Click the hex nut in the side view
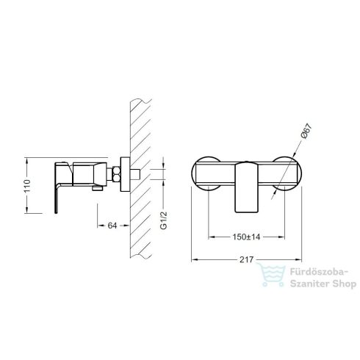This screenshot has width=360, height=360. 116,176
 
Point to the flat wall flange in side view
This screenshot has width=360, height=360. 126,176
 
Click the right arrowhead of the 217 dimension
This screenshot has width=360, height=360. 300,259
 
